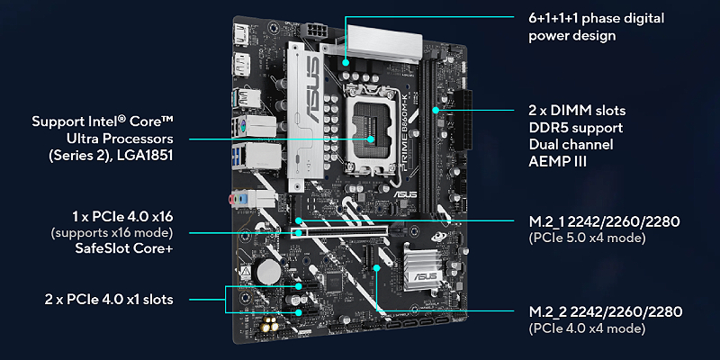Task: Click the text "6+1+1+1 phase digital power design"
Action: click(x=596, y=27)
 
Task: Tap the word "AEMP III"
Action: click(x=557, y=162)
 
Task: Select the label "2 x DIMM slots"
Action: click(x=577, y=111)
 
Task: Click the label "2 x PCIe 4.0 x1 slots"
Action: click(x=109, y=300)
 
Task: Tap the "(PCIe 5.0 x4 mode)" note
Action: click(x=588, y=238)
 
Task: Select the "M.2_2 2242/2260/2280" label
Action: click(x=605, y=311)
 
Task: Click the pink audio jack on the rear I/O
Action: click(x=233, y=199)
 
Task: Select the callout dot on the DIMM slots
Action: click(x=436, y=110)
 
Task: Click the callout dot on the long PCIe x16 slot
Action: click(x=299, y=233)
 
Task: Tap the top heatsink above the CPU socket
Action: click(x=385, y=42)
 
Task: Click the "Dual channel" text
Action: click(x=571, y=145)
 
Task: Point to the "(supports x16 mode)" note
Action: click(x=112, y=233)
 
